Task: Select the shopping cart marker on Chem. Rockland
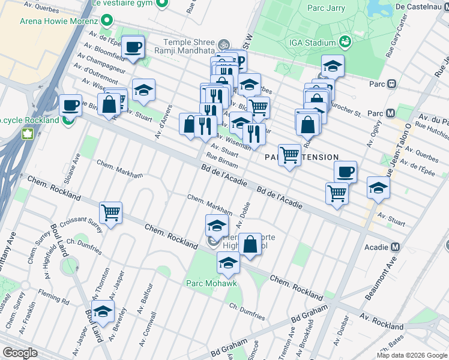[111, 212]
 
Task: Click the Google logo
[20, 353]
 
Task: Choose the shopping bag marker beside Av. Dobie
[250, 245]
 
